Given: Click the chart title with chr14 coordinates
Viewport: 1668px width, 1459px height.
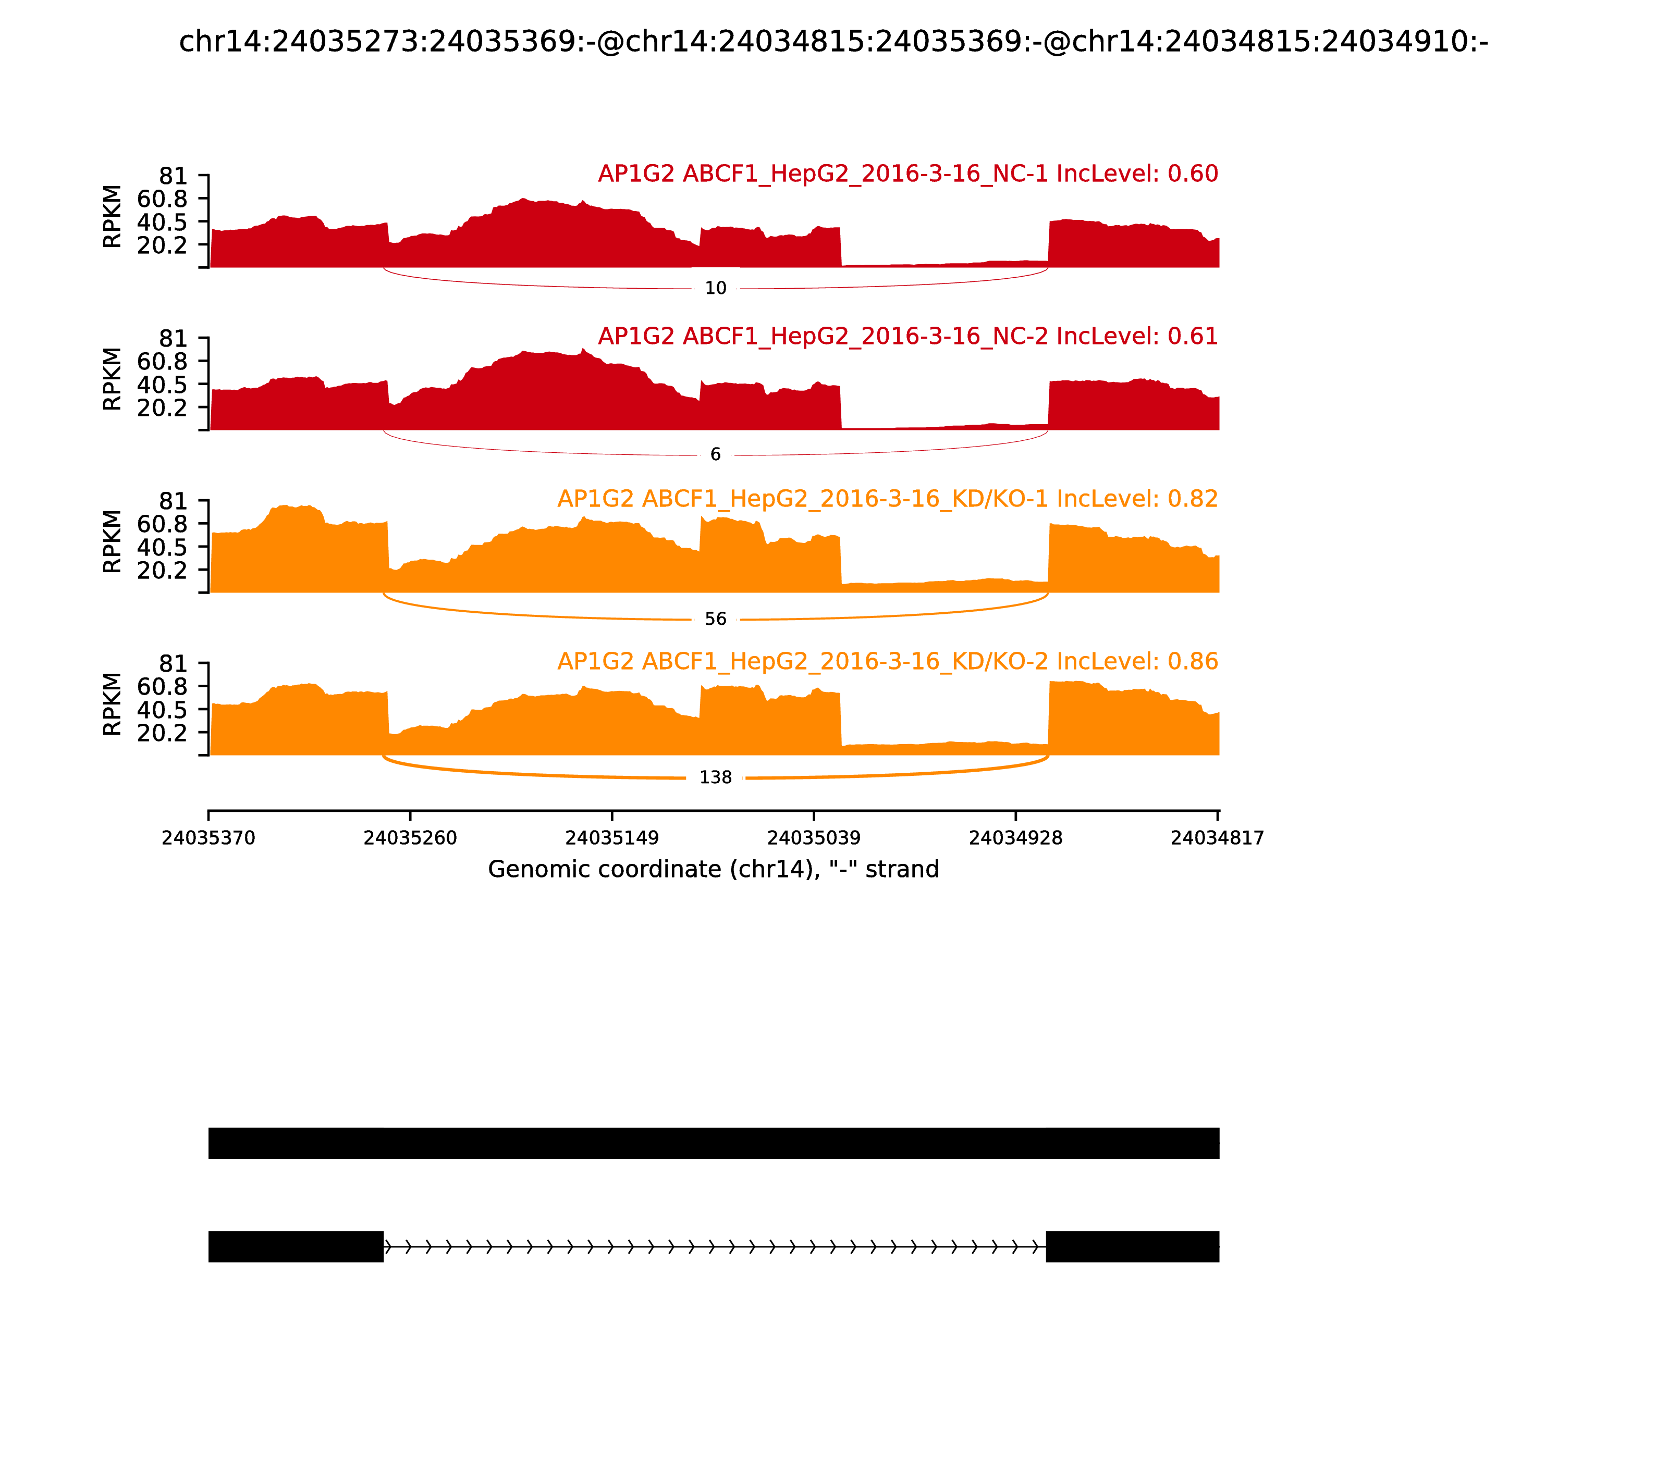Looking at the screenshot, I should [x=833, y=42].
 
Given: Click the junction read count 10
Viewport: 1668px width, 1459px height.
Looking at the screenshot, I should [x=715, y=288].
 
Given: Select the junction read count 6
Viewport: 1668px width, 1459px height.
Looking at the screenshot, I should [x=715, y=454].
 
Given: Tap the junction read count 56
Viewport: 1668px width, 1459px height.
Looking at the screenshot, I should [x=715, y=620].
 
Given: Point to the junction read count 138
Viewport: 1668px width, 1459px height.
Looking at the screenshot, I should [x=715, y=777].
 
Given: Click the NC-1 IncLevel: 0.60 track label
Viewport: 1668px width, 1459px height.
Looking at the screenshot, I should [x=907, y=174].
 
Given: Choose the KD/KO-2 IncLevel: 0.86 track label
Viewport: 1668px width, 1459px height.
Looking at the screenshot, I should [x=887, y=661].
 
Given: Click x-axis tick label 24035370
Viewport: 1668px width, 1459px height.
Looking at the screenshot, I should [x=208, y=838].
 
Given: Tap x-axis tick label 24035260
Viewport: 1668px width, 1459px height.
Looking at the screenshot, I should [x=411, y=838].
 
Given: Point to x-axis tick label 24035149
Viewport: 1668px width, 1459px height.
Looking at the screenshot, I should [x=611, y=838].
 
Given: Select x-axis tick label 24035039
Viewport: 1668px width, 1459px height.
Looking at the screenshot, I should [x=814, y=838].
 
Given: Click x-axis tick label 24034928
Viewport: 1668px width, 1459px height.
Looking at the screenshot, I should [x=1015, y=838].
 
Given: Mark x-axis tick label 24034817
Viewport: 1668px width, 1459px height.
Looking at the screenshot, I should [x=1217, y=838].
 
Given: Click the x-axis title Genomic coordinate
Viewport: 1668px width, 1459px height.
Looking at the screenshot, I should [x=714, y=870].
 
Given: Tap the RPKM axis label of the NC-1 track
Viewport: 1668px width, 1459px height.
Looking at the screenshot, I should [x=113, y=217].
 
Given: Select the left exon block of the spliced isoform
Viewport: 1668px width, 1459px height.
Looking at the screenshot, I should [x=296, y=1246].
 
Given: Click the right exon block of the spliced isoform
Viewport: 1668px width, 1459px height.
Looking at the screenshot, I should [x=1132, y=1246].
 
